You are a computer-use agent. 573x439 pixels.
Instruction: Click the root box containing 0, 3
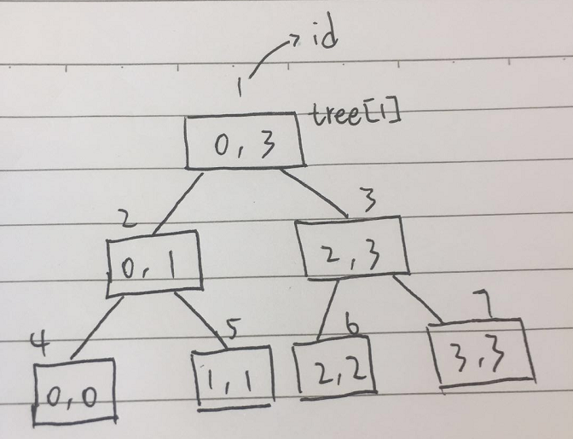point(246,142)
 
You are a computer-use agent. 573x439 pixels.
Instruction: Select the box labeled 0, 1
point(154,265)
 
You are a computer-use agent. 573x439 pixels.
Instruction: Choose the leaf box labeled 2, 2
point(336,368)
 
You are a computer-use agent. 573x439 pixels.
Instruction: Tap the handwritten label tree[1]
point(353,113)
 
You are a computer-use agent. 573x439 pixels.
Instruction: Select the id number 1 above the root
point(244,88)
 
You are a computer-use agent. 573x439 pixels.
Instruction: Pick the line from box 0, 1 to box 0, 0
point(95,326)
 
